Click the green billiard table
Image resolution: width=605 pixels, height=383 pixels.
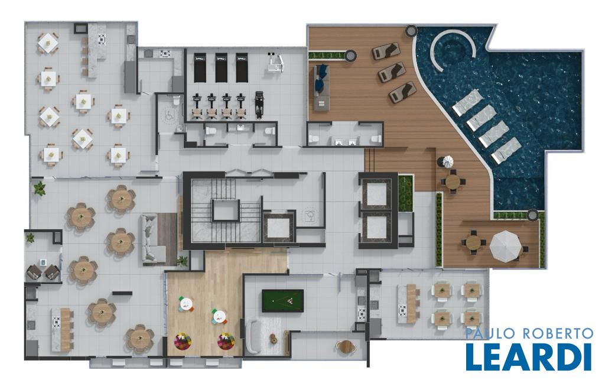(x=282, y=301)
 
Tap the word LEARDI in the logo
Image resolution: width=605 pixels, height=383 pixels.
(x=528, y=357)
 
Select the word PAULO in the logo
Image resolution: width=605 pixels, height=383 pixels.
(x=487, y=333)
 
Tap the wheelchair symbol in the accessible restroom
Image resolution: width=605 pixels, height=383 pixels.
(x=169, y=115)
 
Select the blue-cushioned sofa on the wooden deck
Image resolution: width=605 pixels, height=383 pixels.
(x=321, y=87)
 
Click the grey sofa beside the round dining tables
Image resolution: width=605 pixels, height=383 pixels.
(x=154, y=239)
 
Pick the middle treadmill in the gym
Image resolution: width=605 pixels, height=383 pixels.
(x=221, y=67)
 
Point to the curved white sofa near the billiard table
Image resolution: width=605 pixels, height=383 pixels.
(x=253, y=336)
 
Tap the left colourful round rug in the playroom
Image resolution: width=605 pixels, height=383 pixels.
(x=183, y=342)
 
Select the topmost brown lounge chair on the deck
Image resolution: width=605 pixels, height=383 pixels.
(x=386, y=51)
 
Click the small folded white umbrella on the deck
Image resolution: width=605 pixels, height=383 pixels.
(x=448, y=161)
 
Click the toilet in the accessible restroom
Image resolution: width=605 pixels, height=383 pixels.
(x=176, y=102)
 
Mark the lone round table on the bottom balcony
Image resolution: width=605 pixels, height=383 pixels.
(x=345, y=346)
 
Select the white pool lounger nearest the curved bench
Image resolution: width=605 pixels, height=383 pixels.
(x=467, y=103)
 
